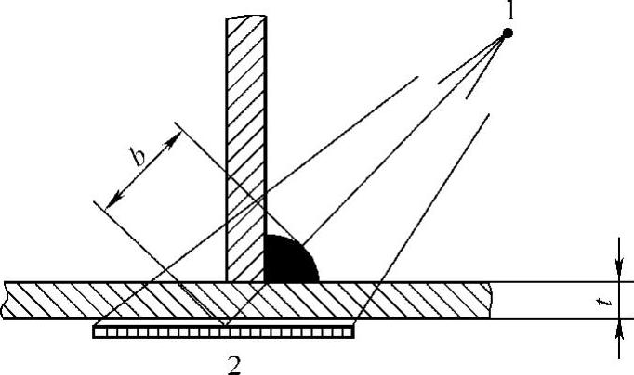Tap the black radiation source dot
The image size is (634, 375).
pos(508,34)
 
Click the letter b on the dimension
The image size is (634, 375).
pos(137,157)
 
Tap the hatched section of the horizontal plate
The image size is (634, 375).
pos(139,300)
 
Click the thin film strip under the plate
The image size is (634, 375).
pos(224,330)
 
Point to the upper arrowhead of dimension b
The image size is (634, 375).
pos(174,137)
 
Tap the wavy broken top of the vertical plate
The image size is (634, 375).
pos(246,17)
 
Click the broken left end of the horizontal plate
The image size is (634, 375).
pos(7,300)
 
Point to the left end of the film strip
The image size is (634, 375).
pos(96,330)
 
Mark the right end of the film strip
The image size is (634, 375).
pos(352,330)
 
